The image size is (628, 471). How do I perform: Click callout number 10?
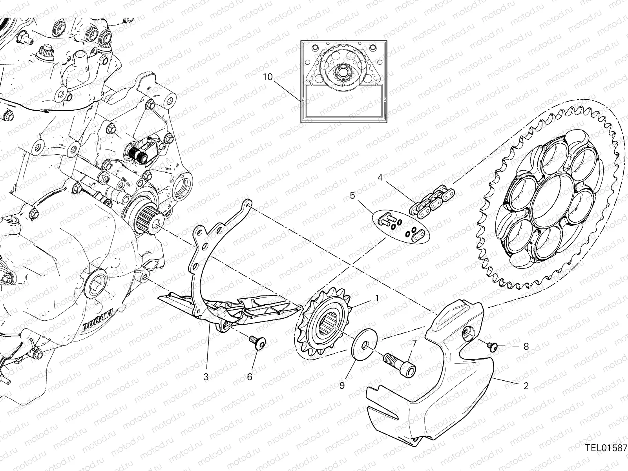click(267, 77)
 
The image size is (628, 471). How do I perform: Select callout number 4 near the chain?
click(380, 178)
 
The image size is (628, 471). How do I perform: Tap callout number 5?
click(352, 195)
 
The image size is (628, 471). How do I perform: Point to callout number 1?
click(377, 298)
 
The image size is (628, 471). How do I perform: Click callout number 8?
click(526, 347)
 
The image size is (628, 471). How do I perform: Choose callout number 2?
click(526, 386)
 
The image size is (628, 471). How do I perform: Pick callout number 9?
click(342, 386)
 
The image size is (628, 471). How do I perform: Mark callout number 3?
click(206, 377)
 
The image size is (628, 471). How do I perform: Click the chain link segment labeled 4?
click(432, 201)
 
